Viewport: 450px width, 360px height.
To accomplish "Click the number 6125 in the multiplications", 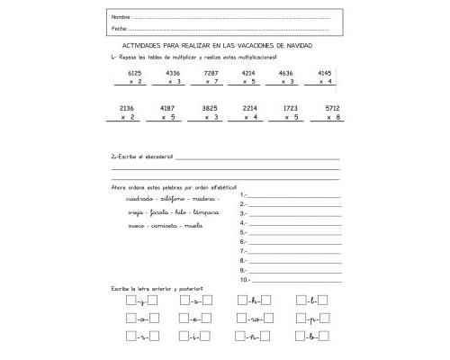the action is click(136, 72).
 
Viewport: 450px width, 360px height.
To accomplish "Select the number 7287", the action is click(212, 72).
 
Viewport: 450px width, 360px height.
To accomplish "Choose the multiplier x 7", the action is click(212, 82).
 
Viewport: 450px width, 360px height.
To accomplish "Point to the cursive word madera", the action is click(205, 199).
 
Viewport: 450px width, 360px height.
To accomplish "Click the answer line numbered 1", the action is click(292, 194).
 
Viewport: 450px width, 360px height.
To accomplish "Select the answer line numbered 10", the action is click(292, 279).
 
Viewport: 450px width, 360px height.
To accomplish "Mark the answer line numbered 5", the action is click(292, 232).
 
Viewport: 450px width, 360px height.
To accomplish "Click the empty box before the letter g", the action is click(131, 301).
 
